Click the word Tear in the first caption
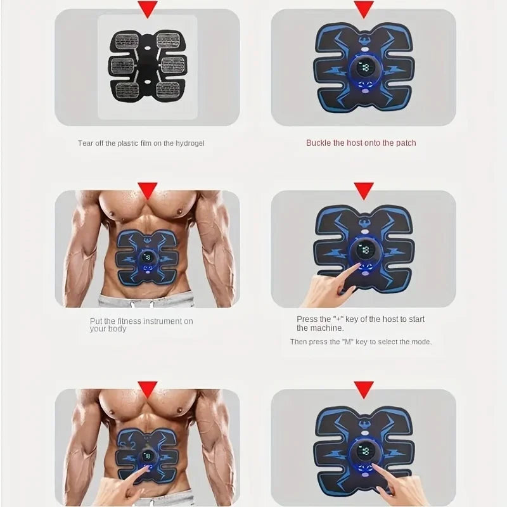tap(86, 143)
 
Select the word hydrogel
tap(189, 143)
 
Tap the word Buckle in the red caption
tap(319, 143)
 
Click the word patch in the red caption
tap(406, 143)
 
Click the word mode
tap(421, 342)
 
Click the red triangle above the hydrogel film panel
tap(148, 8)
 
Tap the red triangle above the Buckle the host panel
tap(363, 8)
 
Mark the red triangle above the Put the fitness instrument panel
tap(148, 189)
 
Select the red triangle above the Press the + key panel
tap(363, 189)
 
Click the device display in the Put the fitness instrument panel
tap(148, 258)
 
